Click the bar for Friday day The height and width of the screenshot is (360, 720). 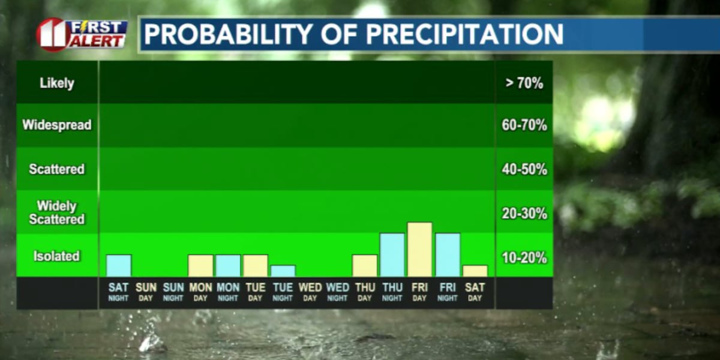click(x=419, y=250)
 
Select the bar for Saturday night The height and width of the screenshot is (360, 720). click(x=119, y=266)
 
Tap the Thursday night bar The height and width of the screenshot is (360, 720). click(x=392, y=255)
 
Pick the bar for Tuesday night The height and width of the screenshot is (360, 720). click(x=283, y=271)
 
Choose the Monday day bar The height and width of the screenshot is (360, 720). click(x=200, y=266)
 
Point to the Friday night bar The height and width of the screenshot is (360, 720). click(x=447, y=255)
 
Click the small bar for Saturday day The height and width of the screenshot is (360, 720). click(x=475, y=271)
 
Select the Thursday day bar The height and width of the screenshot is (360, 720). click(x=365, y=266)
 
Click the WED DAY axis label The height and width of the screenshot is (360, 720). click(x=310, y=292)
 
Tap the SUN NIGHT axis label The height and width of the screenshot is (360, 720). click(x=173, y=292)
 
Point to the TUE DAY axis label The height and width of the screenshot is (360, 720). click(x=256, y=292)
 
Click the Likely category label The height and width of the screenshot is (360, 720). click(x=57, y=83)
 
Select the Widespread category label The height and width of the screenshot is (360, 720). click(x=57, y=125)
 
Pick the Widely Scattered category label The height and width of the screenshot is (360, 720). click(x=57, y=213)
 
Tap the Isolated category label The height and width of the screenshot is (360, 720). click(x=57, y=256)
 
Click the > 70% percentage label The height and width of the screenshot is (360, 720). click(x=524, y=83)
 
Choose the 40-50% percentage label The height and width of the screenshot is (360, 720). click(x=524, y=170)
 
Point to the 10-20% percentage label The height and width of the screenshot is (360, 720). click(x=524, y=258)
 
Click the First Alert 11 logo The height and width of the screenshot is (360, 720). click(x=82, y=34)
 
